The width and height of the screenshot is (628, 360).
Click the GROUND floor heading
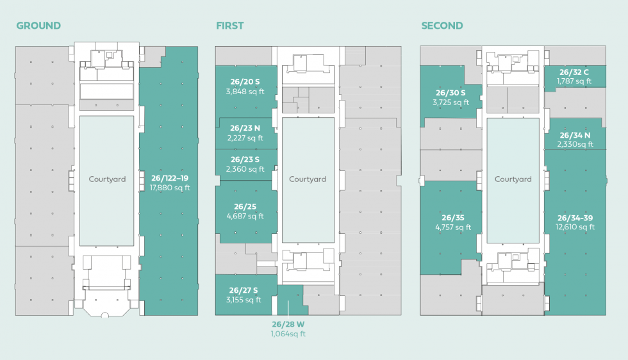(x=38, y=26)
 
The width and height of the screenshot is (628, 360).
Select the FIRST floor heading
(x=229, y=26)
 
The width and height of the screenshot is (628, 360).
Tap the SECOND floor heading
(x=442, y=26)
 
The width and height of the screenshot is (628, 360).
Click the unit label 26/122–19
(x=170, y=178)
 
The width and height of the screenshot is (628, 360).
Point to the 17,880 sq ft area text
(x=170, y=188)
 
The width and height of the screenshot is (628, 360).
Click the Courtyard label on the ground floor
(x=107, y=179)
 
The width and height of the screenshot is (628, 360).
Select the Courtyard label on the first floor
(x=308, y=179)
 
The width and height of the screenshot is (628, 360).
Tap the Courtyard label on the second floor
(x=513, y=179)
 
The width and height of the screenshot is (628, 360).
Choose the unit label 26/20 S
(x=245, y=82)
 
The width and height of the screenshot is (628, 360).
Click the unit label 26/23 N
(x=245, y=128)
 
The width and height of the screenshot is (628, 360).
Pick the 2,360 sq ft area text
(x=245, y=169)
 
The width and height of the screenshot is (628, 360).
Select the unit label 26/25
(x=245, y=206)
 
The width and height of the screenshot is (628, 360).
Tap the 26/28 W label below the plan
(x=288, y=324)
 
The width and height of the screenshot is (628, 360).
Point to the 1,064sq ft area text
(x=288, y=334)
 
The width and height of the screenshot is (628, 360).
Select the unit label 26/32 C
(x=574, y=72)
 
